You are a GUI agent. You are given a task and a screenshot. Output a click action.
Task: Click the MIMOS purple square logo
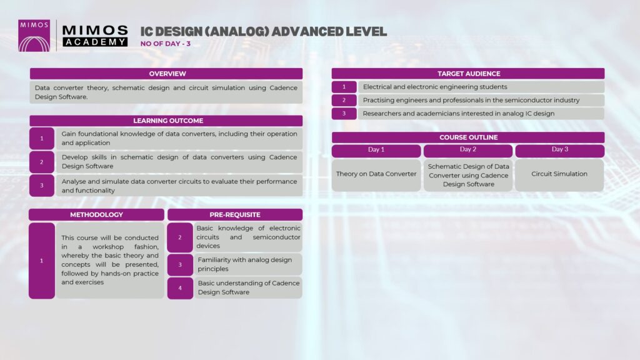coord(34,36)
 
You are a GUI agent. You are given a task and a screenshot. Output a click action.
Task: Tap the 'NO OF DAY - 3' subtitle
coord(165,44)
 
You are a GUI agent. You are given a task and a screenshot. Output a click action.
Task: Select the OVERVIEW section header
coord(166,74)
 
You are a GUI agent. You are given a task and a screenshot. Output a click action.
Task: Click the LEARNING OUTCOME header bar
coord(166,121)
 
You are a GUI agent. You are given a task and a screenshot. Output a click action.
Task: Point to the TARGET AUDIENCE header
coord(467,74)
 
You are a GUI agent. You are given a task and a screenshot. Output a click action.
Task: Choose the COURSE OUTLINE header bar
coord(467,137)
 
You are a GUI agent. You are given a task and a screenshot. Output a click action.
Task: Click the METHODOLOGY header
coord(96,215)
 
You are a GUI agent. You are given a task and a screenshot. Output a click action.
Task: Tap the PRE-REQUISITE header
coord(235,215)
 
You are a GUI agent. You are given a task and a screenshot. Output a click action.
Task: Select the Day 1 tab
coord(376,150)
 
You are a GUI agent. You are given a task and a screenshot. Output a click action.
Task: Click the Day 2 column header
coord(467,150)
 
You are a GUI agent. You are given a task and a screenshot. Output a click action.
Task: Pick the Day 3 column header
coord(559,150)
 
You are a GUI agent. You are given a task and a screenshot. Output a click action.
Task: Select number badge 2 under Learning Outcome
coord(42,162)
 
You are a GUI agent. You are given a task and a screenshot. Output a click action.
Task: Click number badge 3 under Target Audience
coord(344,114)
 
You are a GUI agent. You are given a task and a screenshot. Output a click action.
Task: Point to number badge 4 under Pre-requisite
coord(180,288)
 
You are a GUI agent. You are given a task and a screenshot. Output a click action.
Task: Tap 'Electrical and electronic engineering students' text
coord(435,87)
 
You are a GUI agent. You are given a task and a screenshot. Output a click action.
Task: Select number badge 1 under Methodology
coord(42,261)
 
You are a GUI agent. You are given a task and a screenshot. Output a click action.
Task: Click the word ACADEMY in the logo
coord(95,42)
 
